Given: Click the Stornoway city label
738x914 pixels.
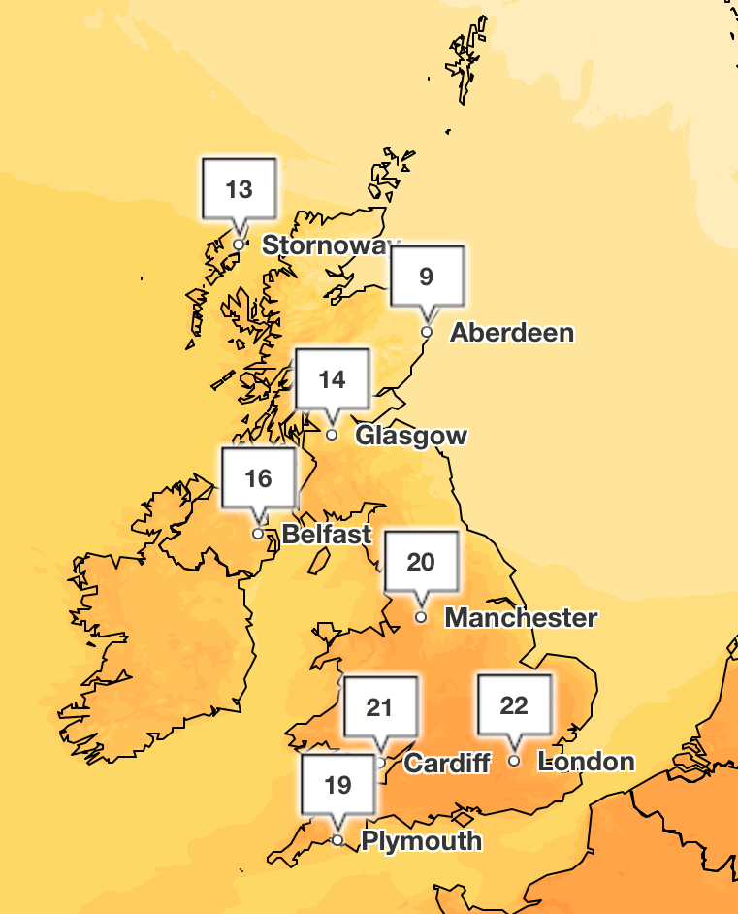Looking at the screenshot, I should [331, 245].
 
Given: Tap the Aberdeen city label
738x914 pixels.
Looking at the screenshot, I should [512, 333].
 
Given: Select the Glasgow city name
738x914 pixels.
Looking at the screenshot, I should [411, 436].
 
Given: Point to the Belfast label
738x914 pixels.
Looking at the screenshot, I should [327, 534].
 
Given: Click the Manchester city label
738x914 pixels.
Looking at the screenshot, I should [521, 617].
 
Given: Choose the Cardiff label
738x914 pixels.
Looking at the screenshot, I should [447, 763].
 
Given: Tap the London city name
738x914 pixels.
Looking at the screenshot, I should [586, 762].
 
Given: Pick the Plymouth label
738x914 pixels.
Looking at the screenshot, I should [421, 840].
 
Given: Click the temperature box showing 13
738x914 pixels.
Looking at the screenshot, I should [239, 188].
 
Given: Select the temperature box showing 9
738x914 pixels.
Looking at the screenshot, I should [427, 277].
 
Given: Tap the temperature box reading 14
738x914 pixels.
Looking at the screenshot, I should [333, 379].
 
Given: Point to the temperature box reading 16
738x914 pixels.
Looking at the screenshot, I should [258, 478].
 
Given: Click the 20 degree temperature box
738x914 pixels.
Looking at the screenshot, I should [421, 562].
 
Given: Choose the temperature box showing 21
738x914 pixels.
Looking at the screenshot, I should [379, 707].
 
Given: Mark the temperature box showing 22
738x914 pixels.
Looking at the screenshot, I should [514, 705].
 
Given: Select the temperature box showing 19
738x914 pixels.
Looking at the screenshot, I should [337, 784].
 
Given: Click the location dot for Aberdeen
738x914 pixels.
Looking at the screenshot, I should [426, 332].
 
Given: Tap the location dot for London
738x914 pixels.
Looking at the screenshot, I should [514, 761].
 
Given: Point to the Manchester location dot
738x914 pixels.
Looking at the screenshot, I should [421, 617].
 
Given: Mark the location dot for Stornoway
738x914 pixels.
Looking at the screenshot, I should [239, 244].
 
